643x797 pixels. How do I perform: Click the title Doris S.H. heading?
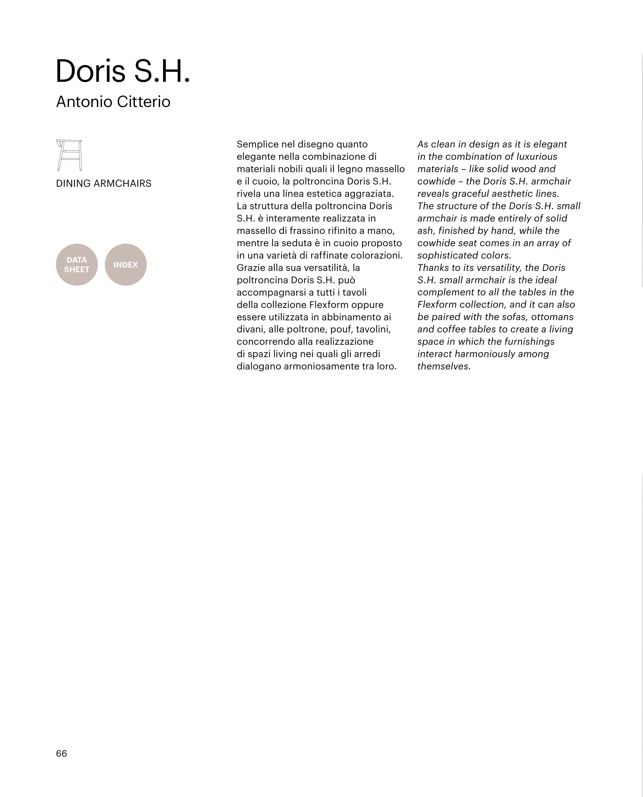[x=123, y=71]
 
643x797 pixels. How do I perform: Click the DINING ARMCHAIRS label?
[x=104, y=183]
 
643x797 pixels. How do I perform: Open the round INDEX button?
[x=126, y=264]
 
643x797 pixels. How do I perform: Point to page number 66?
[x=61, y=753]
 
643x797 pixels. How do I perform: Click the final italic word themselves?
[x=443, y=366]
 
